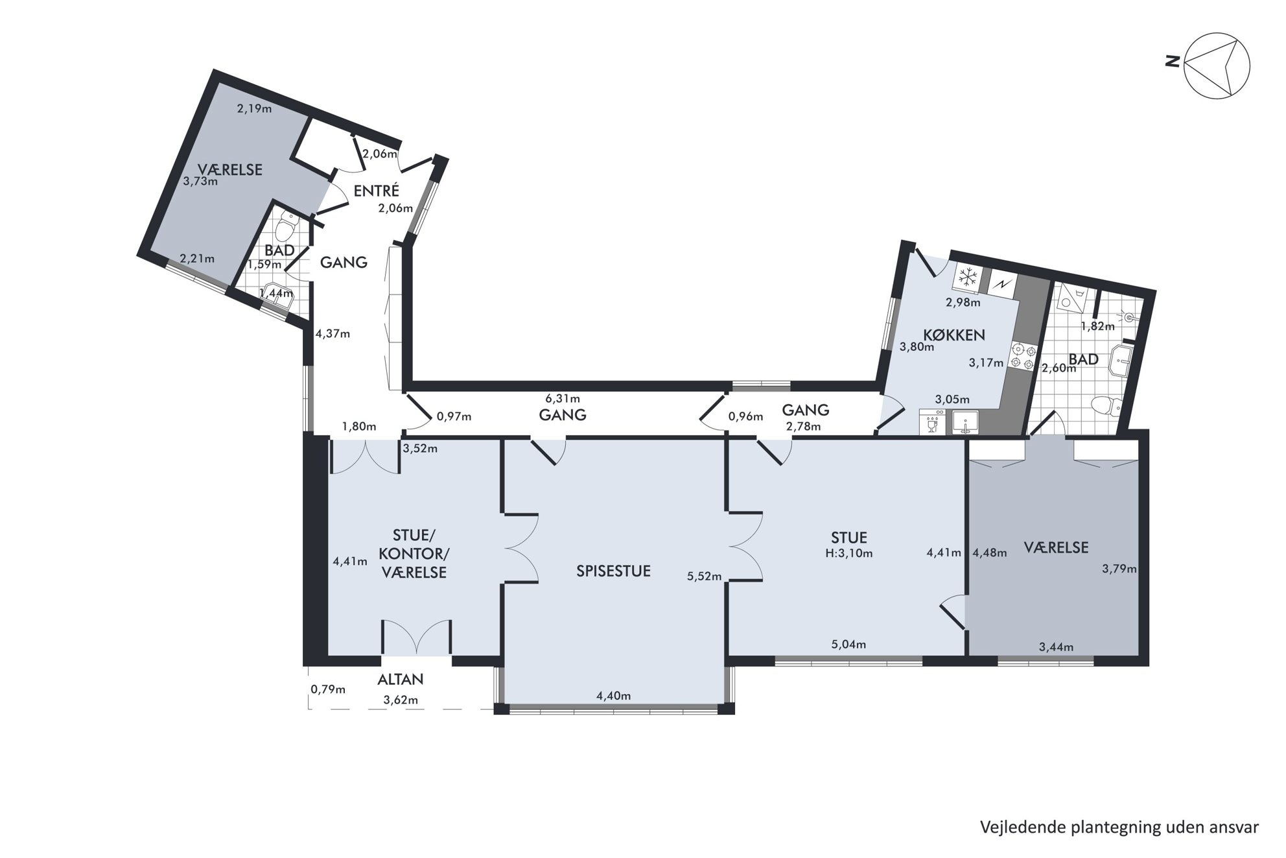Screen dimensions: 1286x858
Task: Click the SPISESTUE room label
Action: (613, 571)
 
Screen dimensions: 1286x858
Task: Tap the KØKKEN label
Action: (954, 335)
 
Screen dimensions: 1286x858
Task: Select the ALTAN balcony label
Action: (401, 679)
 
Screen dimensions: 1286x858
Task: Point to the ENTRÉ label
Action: (377, 191)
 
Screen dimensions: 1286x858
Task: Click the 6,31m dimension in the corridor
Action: (563, 399)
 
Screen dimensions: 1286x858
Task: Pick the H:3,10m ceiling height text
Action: (849, 553)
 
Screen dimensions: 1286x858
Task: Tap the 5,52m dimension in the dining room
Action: (705, 576)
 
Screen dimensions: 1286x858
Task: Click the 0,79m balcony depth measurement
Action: (328, 689)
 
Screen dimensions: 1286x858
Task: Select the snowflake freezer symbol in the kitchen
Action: (968, 278)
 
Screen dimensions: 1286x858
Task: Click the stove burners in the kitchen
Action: (1022, 356)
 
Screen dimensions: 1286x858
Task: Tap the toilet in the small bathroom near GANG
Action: (285, 230)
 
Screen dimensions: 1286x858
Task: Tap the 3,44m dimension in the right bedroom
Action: (1056, 647)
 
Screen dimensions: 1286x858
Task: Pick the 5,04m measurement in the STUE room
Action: (848, 644)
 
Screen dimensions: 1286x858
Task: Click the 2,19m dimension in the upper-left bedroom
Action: (254, 108)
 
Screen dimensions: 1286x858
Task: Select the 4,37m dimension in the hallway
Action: (333, 334)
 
